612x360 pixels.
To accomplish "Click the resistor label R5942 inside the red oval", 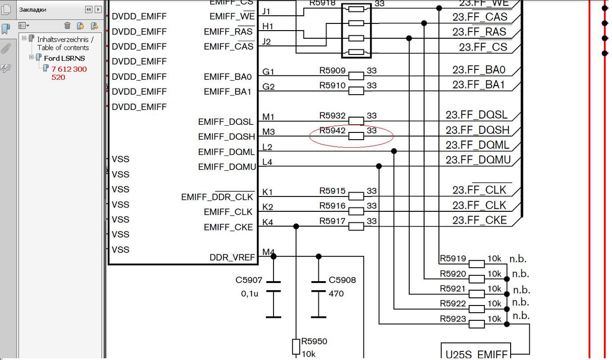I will coord(332,130).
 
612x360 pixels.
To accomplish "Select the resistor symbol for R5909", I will coord(356,76).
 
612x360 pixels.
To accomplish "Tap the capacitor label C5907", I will coord(249,280).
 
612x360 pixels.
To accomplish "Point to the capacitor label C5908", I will coord(342,280).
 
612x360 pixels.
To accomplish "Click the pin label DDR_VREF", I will coord(232,258).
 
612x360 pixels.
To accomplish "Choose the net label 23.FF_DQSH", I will coord(477,130).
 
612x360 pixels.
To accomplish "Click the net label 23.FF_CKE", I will coord(480,220).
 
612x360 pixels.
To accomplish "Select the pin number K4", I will coord(268,222).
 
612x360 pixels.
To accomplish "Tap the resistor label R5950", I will coord(314,342).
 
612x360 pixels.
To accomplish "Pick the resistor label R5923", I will coord(453,319).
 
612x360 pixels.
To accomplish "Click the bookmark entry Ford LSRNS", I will coord(65,58).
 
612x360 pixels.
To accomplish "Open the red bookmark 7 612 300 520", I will coord(69,73).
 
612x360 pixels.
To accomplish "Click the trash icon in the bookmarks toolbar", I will coord(67,25).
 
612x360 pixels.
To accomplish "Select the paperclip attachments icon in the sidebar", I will coord(6,48).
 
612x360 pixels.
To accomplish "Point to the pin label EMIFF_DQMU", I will coord(227,167).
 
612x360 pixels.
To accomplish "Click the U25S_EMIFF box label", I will coord(476,355).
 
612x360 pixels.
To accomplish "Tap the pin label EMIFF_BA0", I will coord(228,76).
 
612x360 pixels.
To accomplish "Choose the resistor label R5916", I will coord(332,206).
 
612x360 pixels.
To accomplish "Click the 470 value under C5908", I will coord(336,294).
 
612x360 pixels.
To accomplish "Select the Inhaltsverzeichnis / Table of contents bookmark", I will coord(65,44).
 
